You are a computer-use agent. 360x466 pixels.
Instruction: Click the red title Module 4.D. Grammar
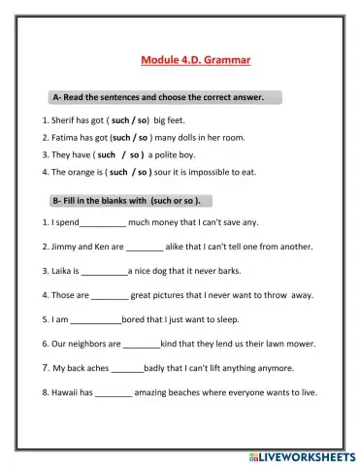click(x=196, y=60)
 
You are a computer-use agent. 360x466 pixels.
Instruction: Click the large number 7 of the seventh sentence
click(x=45, y=367)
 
